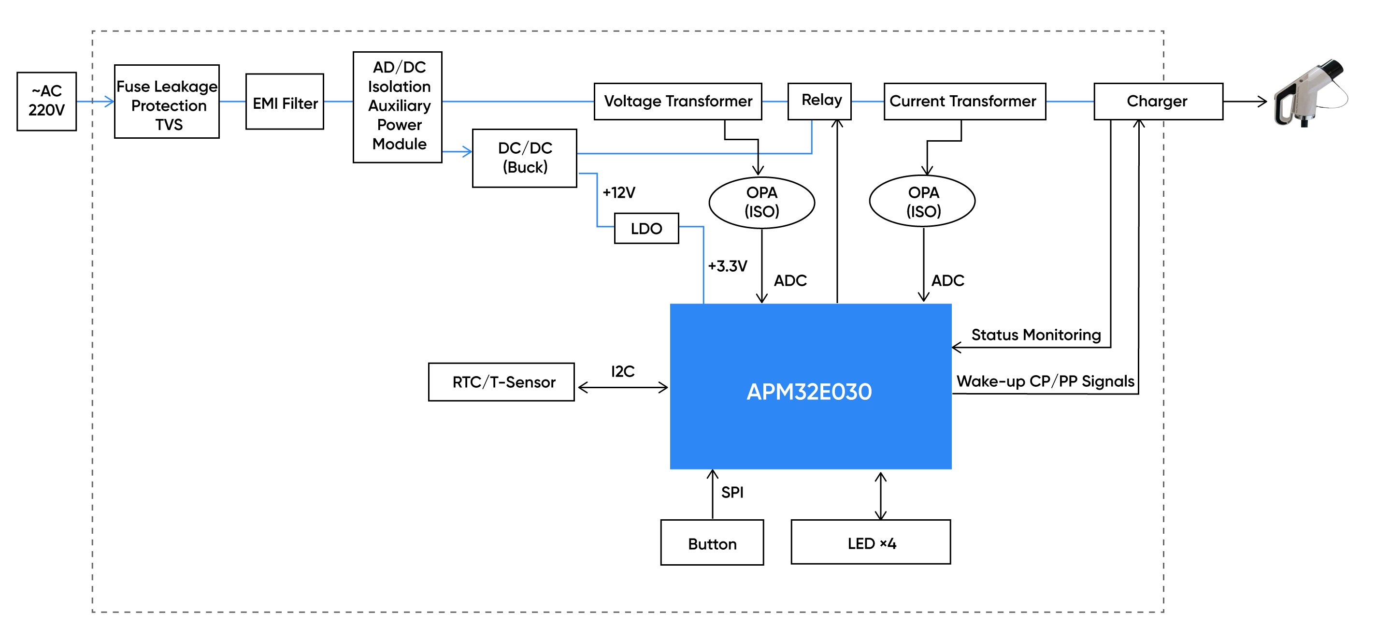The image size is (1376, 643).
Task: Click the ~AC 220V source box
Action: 46,101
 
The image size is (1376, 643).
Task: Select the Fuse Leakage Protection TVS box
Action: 167,102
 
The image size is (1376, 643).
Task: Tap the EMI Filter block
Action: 285,102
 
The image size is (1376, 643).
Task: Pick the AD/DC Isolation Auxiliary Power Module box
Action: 398,107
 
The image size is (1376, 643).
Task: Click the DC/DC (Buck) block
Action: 525,158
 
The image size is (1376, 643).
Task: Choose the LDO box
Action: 646,228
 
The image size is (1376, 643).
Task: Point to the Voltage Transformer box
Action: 678,101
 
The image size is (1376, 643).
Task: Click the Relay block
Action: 819,101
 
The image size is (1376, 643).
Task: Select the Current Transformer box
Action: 965,101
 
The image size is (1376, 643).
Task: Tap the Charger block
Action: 1159,101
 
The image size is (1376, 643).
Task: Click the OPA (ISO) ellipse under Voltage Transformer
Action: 762,203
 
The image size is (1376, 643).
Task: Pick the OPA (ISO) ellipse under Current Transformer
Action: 922,201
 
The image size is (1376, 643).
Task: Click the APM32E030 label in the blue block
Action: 809,392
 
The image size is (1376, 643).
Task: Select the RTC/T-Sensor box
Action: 502,382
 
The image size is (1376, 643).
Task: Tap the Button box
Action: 712,542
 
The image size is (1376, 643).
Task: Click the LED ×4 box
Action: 871,542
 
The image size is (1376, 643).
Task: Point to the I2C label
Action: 623,371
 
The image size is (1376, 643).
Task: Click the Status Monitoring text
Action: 1036,335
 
